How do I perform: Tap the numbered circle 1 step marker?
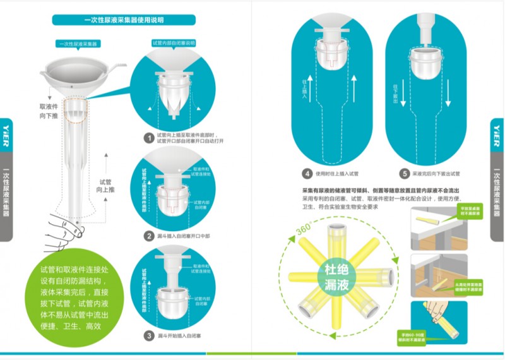tap(149, 137)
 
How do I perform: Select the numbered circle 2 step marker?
tap(149, 237)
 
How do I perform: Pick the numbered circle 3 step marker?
tap(149, 335)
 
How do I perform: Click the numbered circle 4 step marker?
tap(307, 173)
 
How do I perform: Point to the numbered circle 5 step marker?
tap(404, 173)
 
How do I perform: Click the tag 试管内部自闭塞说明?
tap(174, 43)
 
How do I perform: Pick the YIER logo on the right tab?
tap(498, 135)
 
